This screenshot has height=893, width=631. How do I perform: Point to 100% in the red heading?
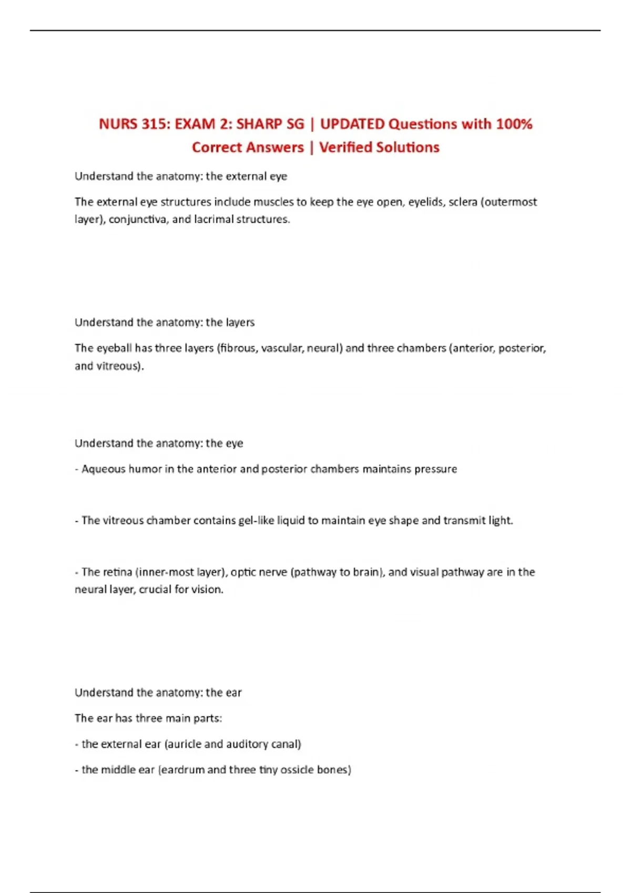pyautogui.click(x=514, y=124)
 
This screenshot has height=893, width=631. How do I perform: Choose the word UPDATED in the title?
pyautogui.click(x=352, y=124)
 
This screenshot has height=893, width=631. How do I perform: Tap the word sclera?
pyautogui.click(x=463, y=202)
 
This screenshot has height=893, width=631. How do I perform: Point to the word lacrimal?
pyautogui.click(x=213, y=220)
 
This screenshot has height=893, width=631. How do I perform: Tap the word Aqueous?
pyautogui.click(x=103, y=469)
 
